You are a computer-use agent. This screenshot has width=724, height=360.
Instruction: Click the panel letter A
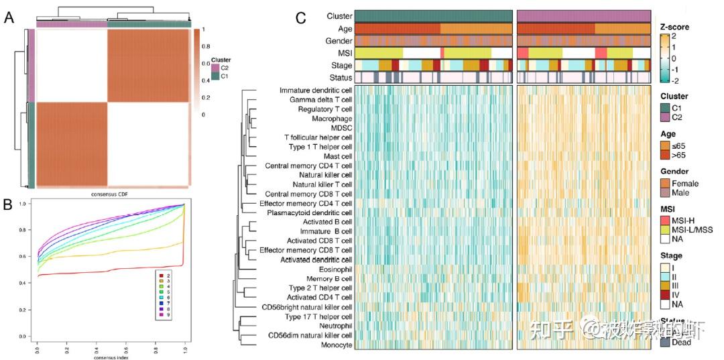coord(9,18)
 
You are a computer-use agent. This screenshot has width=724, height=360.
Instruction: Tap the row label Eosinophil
coord(332,269)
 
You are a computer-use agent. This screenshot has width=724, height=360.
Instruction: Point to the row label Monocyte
coord(335,344)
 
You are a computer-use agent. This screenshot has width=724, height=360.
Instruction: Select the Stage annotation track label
coord(341,65)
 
